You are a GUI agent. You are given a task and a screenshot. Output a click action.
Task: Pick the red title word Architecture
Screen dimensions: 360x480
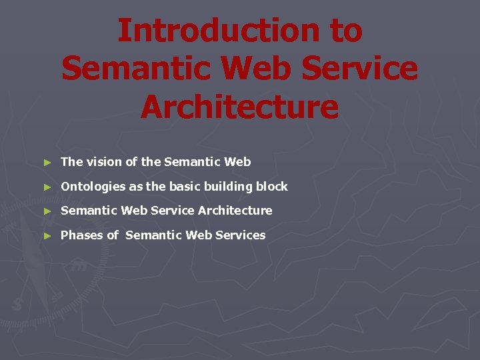click(239, 107)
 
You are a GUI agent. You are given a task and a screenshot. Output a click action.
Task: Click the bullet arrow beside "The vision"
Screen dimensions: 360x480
click(46, 162)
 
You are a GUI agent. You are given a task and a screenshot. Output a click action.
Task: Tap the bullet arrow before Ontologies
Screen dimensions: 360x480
click(46, 187)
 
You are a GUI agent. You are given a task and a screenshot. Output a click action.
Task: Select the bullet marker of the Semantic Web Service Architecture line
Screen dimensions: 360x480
click(46, 211)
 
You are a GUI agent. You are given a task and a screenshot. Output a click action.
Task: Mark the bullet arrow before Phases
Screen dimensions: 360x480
click(46, 235)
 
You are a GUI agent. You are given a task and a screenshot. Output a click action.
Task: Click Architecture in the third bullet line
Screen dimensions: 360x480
click(235, 210)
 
